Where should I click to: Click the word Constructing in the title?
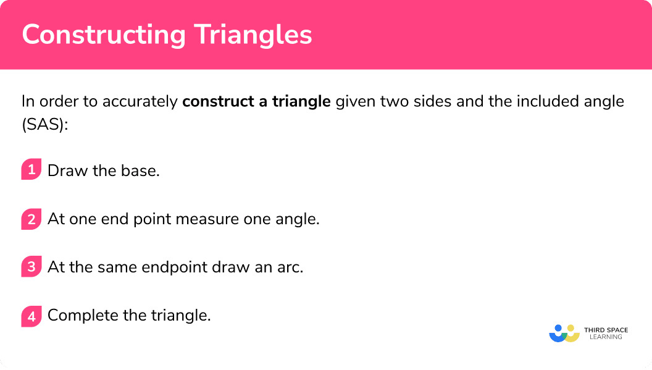[x=104, y=35]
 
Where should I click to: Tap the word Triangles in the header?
[x=253, y=35]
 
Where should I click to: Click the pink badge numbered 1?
[x=31, y=169]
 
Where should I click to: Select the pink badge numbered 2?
[x=31, y=219]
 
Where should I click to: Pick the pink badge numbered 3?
[x=31, y=267]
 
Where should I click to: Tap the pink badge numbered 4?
[x=31, y=316]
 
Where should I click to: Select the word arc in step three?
[x=290, y=267]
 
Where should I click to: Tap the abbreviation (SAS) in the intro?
[x=44, y=124]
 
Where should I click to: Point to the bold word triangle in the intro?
[x=301, y=102]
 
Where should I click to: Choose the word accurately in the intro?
[x=140, y=102]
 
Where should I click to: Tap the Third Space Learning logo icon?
[x=564, y=334]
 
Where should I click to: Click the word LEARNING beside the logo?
[x=606, y=337]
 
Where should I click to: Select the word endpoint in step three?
[x=174, y=267]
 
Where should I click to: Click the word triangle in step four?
[x=181, y=316]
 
